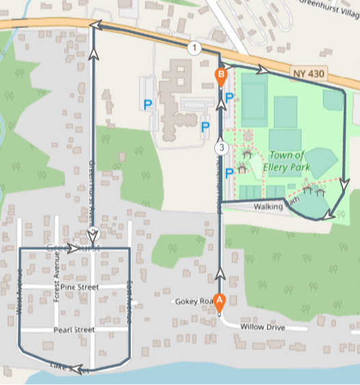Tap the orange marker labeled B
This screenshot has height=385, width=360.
(x=221, y=75)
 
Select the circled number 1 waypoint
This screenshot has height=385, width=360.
(x=194, y=48)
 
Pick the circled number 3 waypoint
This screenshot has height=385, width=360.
(x=220, y=147)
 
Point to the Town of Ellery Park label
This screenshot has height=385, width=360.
(x=290, y=161)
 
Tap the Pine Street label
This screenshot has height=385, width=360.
(x=79, y=287)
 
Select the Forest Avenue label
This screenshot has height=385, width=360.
(x=57, y=271)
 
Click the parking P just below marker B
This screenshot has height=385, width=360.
(x=229, y=98)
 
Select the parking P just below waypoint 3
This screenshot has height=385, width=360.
(x=229, y=172)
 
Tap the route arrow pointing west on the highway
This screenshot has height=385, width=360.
(x=96, y=25)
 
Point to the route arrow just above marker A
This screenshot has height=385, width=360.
(x=220, y=274)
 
